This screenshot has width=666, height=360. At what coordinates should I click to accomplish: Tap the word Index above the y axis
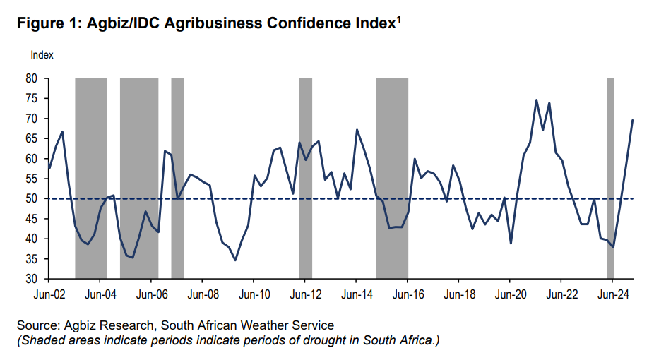click(x=42, y=54)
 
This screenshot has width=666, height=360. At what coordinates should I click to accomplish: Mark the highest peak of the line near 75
click(x=536, y=100)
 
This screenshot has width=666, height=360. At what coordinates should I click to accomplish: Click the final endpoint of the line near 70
click(x=632, y=120)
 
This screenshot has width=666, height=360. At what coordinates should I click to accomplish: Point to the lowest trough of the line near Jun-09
click(x=235, y=260)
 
